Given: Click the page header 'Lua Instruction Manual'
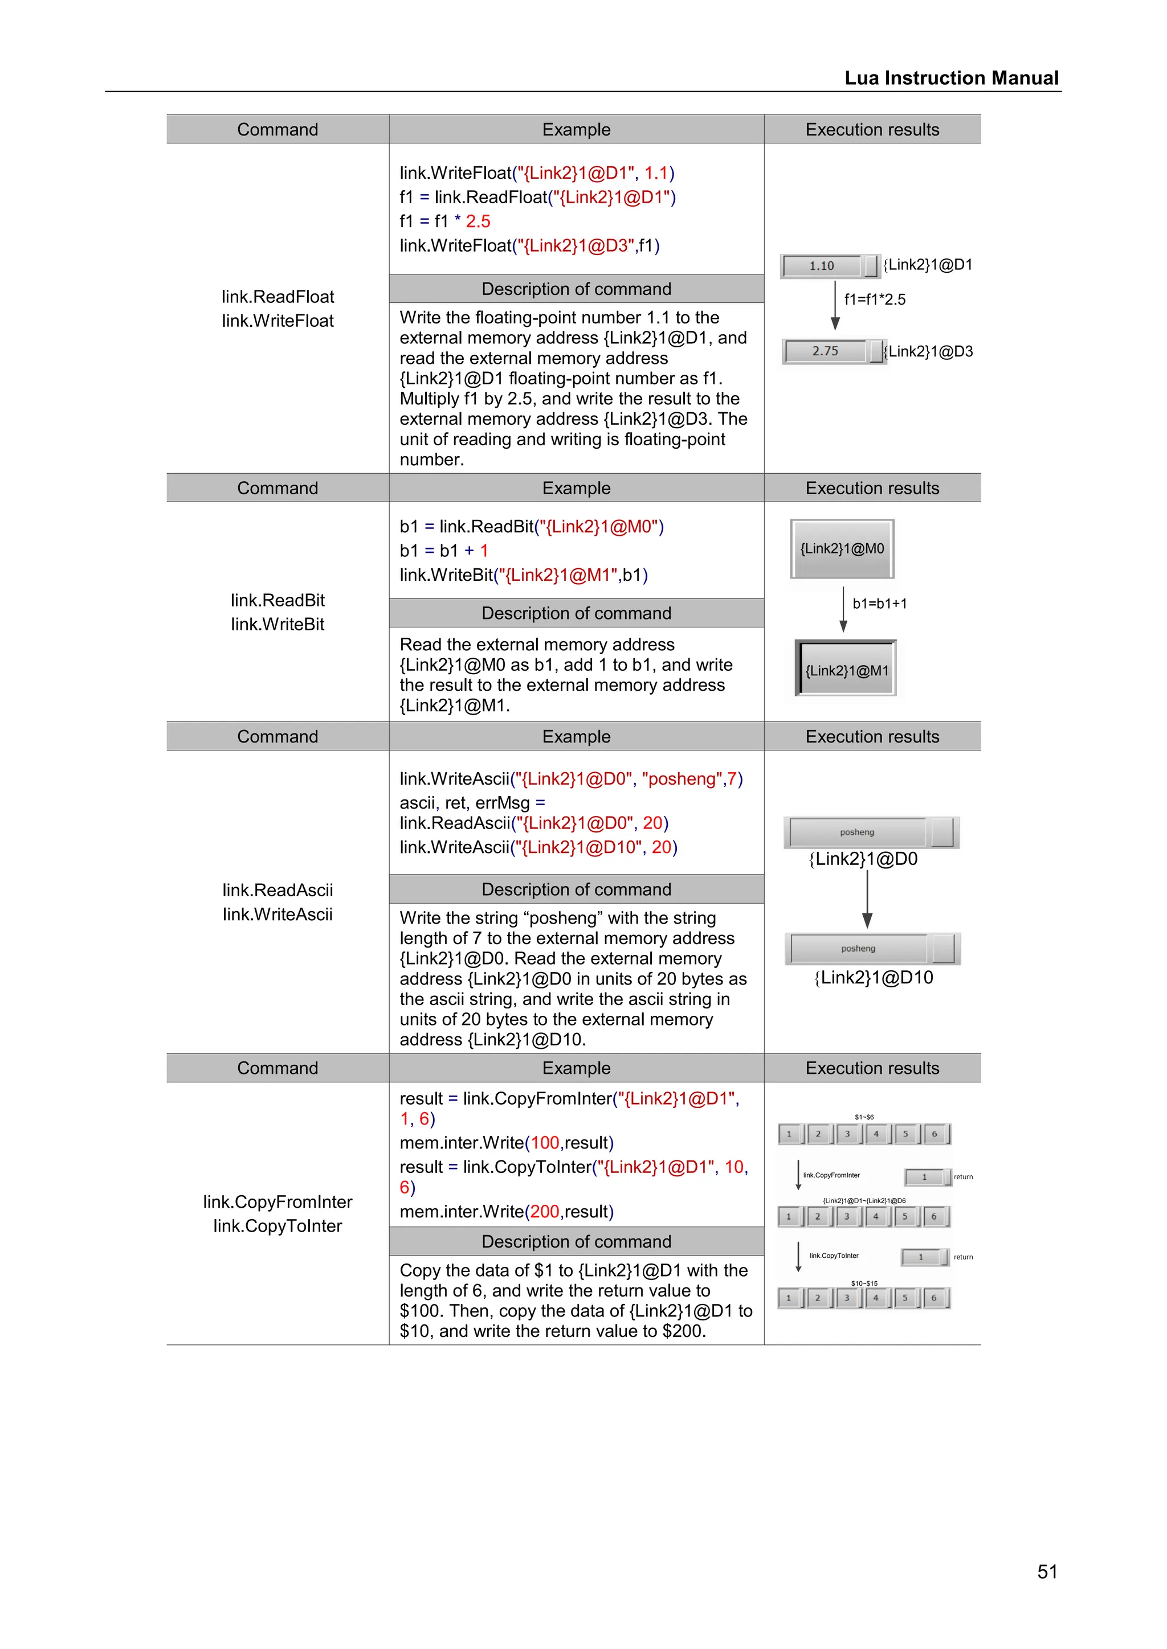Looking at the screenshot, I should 950,77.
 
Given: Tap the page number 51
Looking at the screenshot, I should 1047,1572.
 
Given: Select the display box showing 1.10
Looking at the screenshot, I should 822,266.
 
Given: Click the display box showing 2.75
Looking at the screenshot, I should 826,351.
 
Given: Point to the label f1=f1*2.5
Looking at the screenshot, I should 875,300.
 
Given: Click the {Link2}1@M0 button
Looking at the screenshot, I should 842,549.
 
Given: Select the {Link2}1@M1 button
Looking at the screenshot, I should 847,670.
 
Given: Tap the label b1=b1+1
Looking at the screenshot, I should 880,604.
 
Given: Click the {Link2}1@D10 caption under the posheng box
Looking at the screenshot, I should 873,978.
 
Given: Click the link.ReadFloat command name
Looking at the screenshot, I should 278,297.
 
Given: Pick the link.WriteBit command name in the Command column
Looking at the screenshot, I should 278,624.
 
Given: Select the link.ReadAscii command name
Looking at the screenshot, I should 278,890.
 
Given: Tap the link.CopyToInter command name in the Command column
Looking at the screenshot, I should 278,1226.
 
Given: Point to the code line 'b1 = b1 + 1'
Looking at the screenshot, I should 443,551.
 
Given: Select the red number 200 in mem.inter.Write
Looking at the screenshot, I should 545,1212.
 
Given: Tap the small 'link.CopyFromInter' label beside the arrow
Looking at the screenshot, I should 831,1175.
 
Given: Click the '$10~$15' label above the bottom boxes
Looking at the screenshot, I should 864,1283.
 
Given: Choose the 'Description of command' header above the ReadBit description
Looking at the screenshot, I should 576,613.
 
